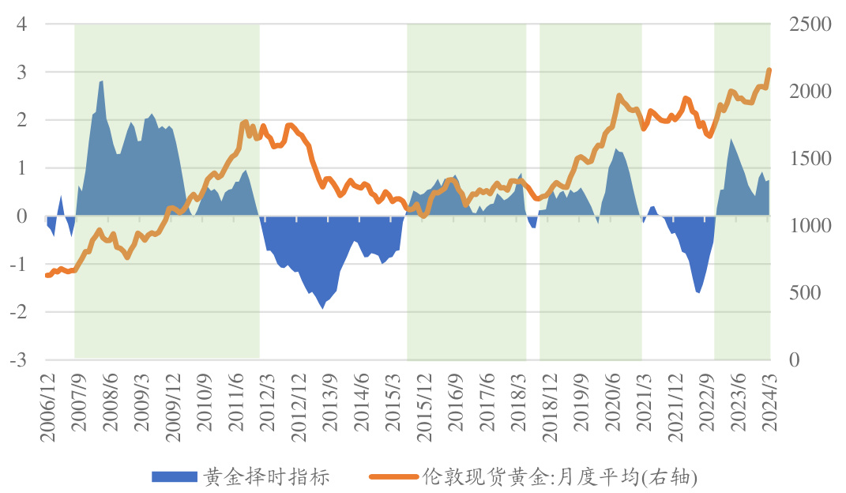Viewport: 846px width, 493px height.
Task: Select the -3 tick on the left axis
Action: [x=19, y=359]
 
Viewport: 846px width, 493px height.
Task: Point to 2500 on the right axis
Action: [x=810, y=24]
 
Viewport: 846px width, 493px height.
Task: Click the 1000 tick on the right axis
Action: [x=810, y=226]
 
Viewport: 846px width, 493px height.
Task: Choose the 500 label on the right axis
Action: [x=806, y=293]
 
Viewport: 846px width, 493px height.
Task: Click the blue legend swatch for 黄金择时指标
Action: [x=173, y=476]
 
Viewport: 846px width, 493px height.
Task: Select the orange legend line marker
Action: [x=393, y=476]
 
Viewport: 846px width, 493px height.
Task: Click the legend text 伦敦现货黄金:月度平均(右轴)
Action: [x=560, y=476]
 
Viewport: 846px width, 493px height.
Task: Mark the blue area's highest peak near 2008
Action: [x=102, y=81]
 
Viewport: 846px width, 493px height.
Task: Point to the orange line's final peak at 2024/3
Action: [x=769, y=70]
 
